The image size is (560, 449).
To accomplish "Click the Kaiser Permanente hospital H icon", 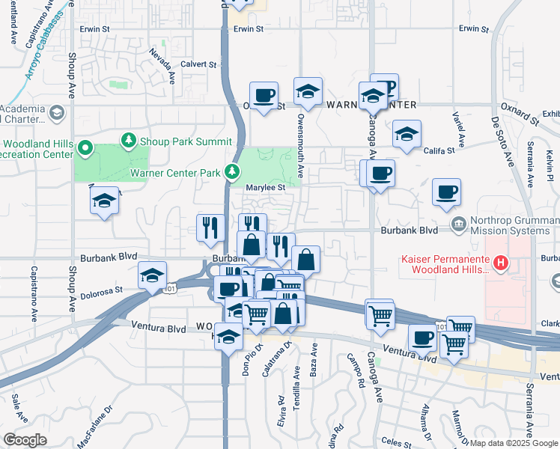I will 501,264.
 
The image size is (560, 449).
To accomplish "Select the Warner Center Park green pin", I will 234,173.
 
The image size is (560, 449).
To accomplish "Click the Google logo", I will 25,439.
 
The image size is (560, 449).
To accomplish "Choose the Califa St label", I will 440,150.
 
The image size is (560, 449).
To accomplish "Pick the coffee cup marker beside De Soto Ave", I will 446,193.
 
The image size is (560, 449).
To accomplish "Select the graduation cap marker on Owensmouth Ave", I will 308,92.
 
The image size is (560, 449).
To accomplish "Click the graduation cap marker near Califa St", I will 407,135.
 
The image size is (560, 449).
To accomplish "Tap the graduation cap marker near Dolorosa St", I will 152,275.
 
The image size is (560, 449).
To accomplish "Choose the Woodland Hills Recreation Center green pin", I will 86,148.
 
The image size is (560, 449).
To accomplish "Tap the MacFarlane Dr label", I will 97,424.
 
